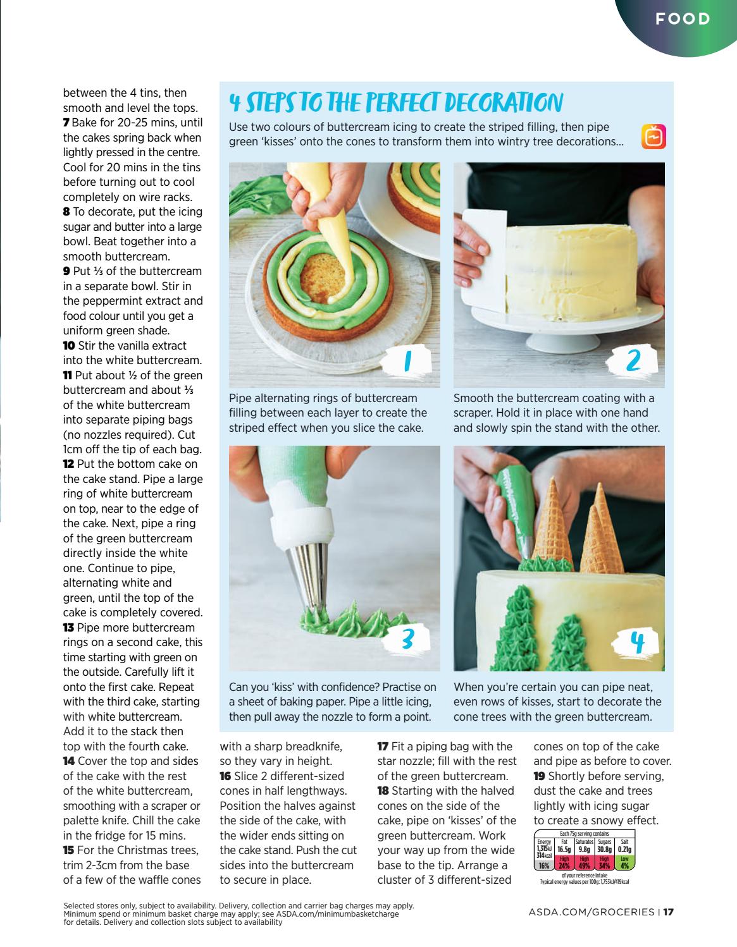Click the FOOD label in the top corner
(x=683, y=19)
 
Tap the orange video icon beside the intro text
(x=653, y=137)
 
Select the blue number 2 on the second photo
(x=633, y=360)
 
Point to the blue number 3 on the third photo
(x=407, y=639)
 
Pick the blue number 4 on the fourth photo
(x=637, y=643)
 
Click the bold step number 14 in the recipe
(x=69, y=761)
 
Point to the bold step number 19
(x=540, y=776)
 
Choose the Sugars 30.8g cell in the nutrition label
(x=604, y=853)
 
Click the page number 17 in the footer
(x=668, y=912)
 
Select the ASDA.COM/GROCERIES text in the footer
(x=591, y=912)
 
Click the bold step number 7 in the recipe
(x=66, y=123)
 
